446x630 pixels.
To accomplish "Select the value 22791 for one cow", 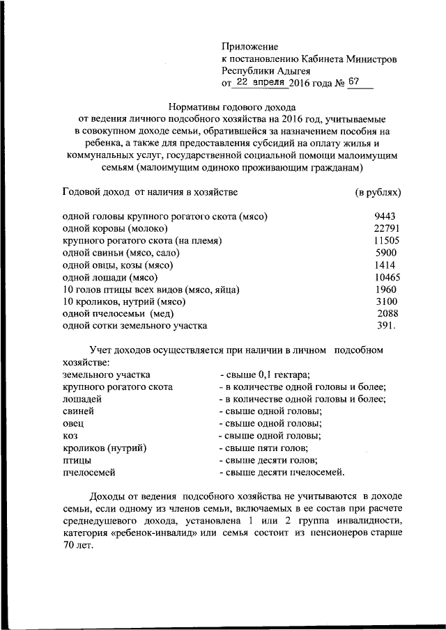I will coord(385,228).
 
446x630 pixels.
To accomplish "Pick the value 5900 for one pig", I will coord(385,253).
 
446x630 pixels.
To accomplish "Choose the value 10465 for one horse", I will coord(385,277).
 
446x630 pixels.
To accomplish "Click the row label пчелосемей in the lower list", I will coord(89,473).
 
